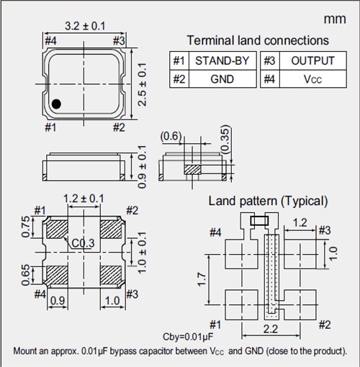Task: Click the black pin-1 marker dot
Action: click(56, 104)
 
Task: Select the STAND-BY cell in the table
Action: click(222, 60)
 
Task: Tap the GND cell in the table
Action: click(222, 79)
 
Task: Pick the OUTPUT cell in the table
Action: click(313, 60)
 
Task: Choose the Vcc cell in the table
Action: click(313, 79)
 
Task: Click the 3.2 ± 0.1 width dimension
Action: click(85, 26)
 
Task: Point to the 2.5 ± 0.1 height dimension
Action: click(142, 84)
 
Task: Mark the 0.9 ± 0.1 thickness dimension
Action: click(142, 167)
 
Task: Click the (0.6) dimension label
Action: click(171, 136)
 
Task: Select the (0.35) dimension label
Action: click(225, 140)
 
